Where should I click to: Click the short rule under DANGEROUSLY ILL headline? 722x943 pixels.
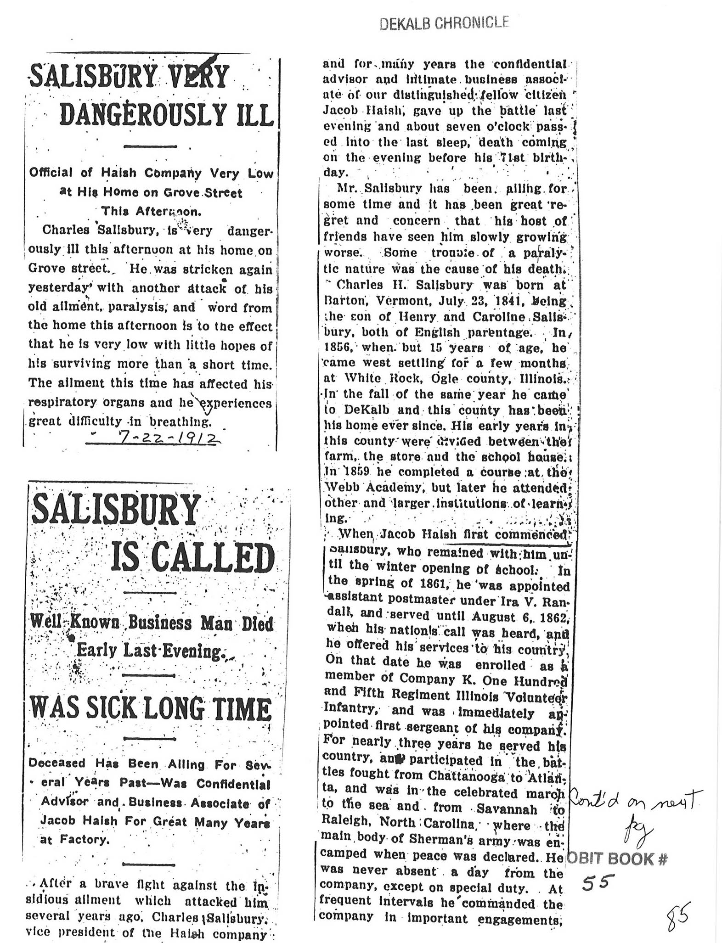151,146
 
